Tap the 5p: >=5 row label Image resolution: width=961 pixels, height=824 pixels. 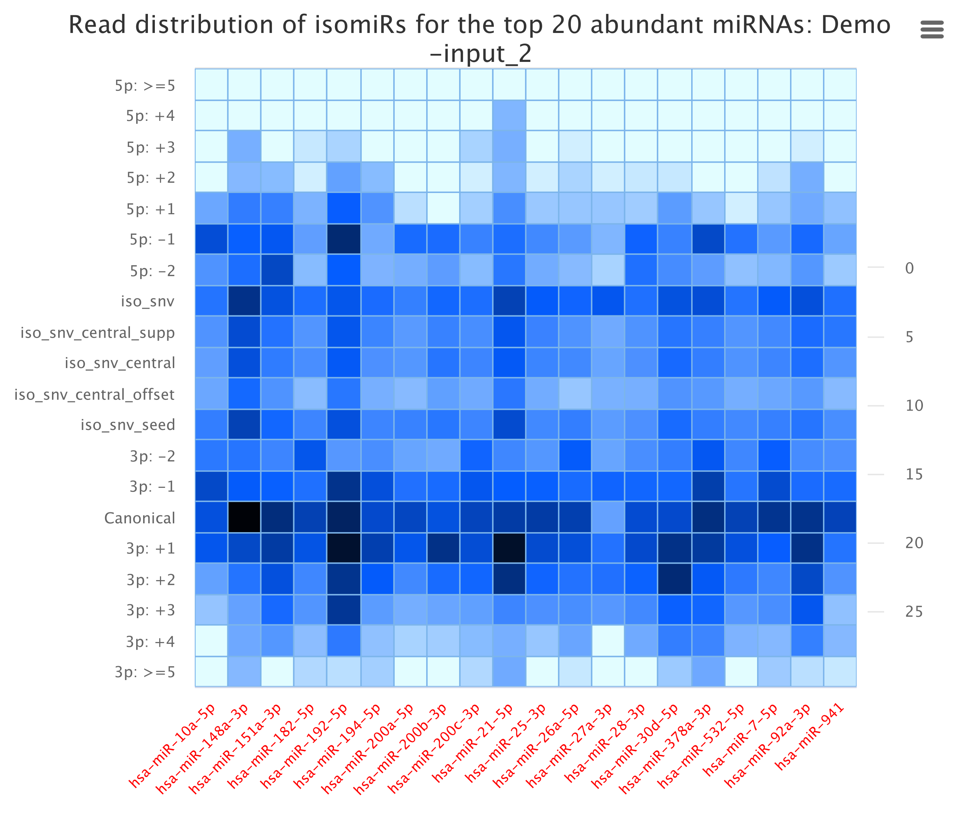[145, 86]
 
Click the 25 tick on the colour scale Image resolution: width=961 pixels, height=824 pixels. [914, 612]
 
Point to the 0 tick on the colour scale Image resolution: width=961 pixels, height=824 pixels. [909, 268]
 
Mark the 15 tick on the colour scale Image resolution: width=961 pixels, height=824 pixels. [914, 475]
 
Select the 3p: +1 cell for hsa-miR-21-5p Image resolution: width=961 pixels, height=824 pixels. [509, 548]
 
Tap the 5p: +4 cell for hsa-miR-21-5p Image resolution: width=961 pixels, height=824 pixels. [509, 115]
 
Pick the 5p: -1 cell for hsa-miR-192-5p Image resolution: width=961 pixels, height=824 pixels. [344, 239]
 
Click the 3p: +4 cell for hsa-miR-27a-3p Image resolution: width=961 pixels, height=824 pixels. [608, 641]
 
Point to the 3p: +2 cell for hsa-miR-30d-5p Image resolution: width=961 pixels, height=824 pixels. [674, 579]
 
